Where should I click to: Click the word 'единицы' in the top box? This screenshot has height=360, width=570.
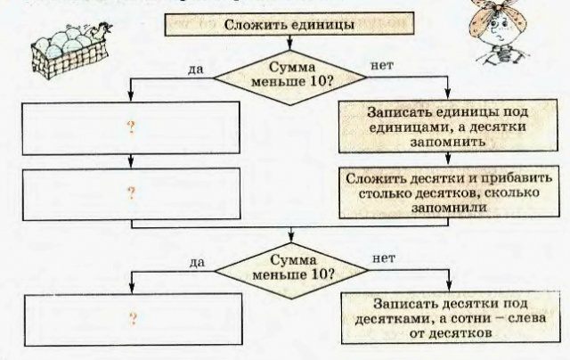317,25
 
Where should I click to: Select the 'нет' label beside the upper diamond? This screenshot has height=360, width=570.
380,65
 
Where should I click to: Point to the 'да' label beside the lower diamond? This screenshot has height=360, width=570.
198,263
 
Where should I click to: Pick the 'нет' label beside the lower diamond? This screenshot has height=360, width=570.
384,259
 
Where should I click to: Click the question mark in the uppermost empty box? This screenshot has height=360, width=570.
131,127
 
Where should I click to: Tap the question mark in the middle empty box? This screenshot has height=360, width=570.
131,192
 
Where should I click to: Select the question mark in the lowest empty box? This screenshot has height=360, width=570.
131,318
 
